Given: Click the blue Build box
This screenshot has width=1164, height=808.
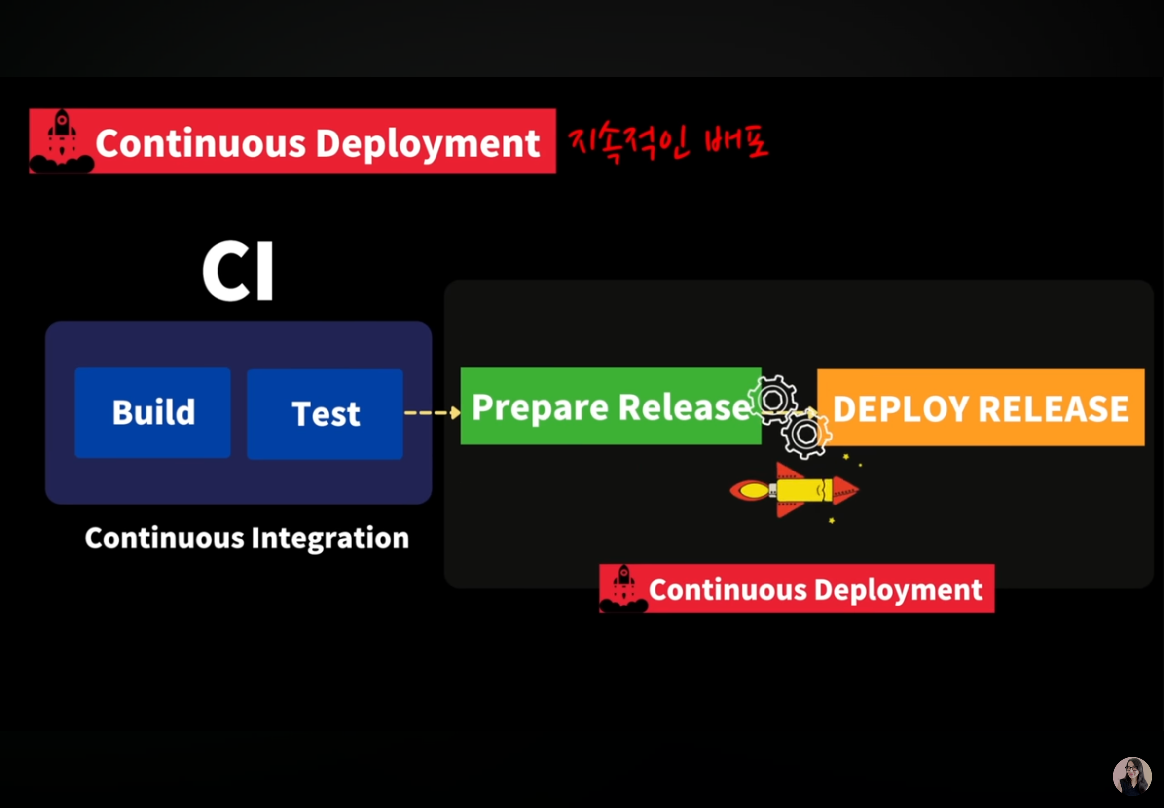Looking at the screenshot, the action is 152,412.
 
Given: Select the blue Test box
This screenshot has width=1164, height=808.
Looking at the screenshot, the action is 325,414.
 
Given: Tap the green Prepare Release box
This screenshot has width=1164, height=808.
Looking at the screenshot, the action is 610,406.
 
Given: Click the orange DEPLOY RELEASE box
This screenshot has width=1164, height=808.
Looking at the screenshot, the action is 981,407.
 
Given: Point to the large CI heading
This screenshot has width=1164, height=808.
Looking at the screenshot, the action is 238,271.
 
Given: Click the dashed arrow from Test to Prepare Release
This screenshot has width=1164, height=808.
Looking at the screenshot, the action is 432,412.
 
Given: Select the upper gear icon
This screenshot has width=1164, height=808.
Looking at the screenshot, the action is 773,400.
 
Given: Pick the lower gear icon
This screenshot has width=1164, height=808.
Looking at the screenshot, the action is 806,434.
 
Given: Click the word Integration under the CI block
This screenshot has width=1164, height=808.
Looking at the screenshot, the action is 330,538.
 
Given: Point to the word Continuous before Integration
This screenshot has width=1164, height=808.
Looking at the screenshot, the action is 165,538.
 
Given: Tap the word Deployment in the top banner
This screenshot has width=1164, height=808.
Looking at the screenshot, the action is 428,144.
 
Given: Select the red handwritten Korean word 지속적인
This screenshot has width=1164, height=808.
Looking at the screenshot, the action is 628,144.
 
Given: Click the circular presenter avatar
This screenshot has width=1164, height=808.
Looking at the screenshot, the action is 1132,776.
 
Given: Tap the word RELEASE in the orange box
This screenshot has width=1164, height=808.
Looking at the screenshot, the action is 1054,408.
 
